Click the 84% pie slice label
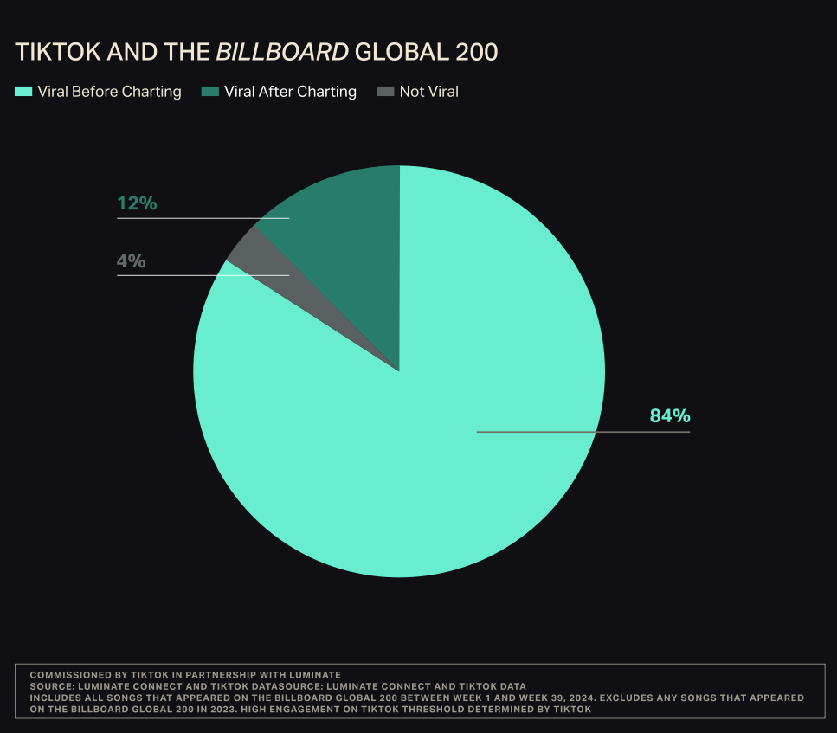[670, 416]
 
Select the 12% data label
[137, 204]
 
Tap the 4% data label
[132, 260]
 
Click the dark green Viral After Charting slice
[346, 234]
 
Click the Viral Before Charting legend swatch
[23, 92]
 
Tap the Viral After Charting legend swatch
[209, 92]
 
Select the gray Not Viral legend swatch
[385, 92]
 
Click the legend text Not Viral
[428, 92]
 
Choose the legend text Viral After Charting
[290, 92]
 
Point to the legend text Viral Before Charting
[109, 92]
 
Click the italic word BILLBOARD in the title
[282, 52]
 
